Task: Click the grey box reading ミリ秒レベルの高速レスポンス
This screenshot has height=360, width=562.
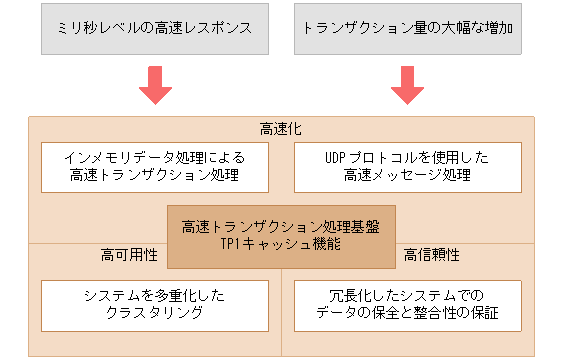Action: pos(155,27)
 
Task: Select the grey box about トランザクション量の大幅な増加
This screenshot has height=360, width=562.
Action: pos(407,27)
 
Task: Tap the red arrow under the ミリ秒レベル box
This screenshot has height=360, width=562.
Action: pos(155,85)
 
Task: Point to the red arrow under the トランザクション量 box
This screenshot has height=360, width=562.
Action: pos(407,85)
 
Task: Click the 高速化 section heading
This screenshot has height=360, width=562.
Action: pos(281,129)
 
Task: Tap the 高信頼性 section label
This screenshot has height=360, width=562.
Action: pos(432,255)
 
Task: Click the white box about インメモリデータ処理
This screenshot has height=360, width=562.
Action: pos(155,167)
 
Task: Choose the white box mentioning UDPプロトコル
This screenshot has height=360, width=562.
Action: pos(407,167)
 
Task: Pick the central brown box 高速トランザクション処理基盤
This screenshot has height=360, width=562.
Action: pos(281,236)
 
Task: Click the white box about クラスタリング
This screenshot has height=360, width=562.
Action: pos(155,305)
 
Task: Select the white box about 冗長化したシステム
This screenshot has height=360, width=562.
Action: pos(407,305)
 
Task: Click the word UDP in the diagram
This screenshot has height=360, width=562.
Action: pos(338,158)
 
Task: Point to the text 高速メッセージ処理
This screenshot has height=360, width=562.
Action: pos(407,176)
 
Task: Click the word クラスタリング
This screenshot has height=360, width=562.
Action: pos(155,314)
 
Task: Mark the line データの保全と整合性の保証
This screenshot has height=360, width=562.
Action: pos(407,314)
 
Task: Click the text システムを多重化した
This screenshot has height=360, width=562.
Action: pos(155,296)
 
